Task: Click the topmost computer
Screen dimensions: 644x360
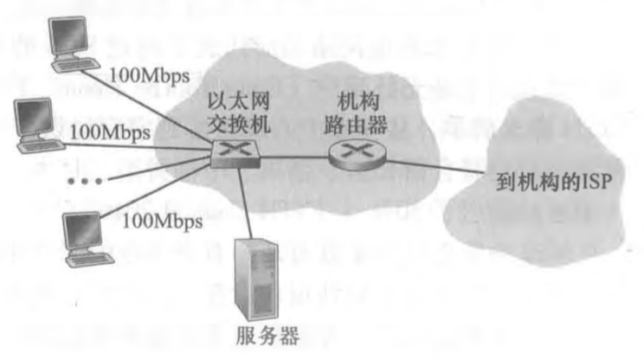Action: click(70, 38)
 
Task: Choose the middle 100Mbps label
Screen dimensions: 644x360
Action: click(109, 133)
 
